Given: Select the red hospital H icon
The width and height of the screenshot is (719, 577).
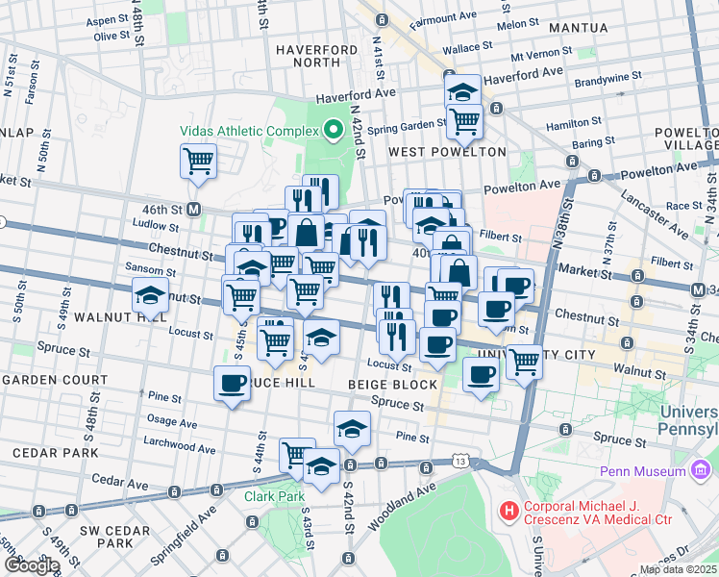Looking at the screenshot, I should (x=507, y=510).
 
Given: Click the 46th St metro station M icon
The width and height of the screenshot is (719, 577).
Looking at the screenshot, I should (x=193, y=209).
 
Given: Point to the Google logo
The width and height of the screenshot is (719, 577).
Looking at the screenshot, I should (x=30, y=565).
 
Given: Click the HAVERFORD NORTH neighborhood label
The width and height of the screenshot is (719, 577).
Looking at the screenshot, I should (x=309, y=56).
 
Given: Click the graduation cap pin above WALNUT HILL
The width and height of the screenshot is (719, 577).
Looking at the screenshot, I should (x=150, y=294).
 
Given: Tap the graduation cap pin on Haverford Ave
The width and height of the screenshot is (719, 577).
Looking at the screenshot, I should (x=463, y=91).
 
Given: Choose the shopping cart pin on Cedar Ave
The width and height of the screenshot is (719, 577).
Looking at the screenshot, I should (x=297, y=454).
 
